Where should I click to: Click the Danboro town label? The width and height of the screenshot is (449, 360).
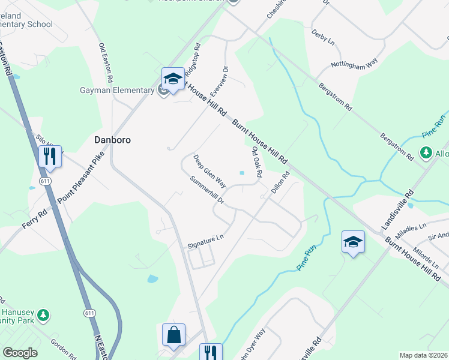click(112, 139)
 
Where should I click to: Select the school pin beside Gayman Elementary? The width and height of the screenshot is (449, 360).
click(173, 79)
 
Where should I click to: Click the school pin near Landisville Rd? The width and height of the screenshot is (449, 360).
click(353, 242)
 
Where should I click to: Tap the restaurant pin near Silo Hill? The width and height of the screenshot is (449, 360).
click(49, 157)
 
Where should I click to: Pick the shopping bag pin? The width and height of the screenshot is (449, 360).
click(173, 335)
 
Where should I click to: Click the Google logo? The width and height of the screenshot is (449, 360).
click(20, 353)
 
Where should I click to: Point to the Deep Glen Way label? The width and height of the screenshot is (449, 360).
click(209, 171)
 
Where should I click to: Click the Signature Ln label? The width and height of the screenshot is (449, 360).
click(205, 241)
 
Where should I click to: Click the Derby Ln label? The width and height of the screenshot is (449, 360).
click(323, 37)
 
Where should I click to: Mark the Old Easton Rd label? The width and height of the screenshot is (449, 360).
click(106, 62)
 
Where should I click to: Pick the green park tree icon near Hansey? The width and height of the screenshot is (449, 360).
click(43, 314)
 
